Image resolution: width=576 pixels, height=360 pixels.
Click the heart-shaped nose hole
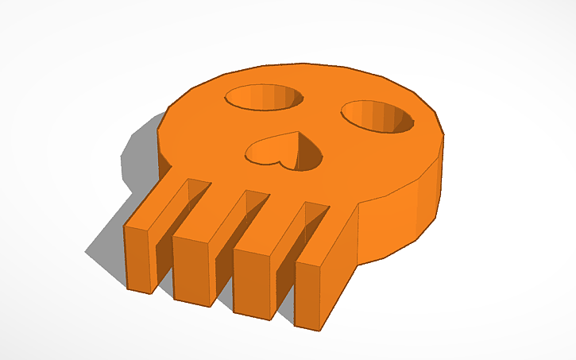(x=284, y=152)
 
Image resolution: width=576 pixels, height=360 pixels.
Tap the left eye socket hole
(x=264, y=97)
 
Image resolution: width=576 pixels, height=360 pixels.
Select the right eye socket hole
(x=378, y=117)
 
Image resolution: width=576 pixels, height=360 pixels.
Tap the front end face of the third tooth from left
(x=254, y=285)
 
